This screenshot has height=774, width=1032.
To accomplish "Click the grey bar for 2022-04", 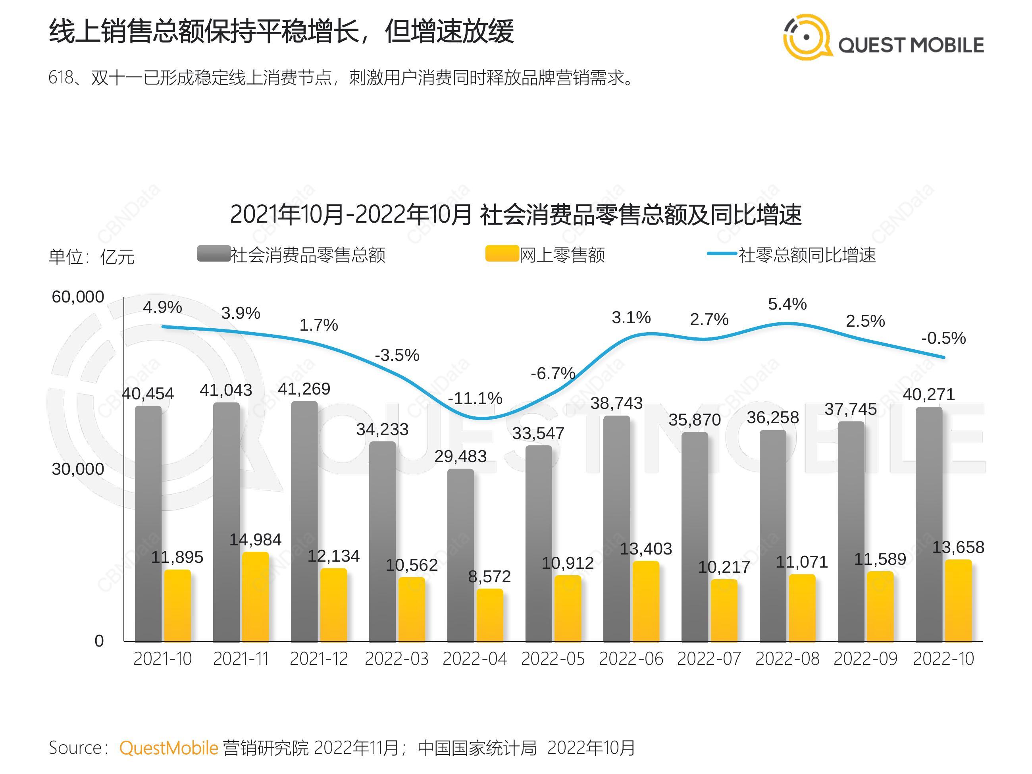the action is [x=460, y=555].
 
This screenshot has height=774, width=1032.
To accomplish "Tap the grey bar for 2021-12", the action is [x=304, y=521].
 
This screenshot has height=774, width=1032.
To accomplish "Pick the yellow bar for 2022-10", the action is [x=958, y=601].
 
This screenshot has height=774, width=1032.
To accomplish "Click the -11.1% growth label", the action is [x=475, y=398].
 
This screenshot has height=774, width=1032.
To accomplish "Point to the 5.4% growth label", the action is [x=787, y=304].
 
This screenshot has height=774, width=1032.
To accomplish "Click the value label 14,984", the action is [x=255, y=540].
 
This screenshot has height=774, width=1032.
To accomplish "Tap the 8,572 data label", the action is [x=489, y=577].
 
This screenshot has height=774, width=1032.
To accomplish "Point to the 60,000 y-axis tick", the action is [x=78, y=297].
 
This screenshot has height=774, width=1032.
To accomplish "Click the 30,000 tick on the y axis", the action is [x=78, y=469].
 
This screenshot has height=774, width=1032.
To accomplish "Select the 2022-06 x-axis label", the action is [x=631, y=659].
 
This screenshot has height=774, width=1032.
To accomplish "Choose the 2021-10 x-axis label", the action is [x=162, y=659].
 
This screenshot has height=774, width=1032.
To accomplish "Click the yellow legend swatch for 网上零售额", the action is [x=502, y=253].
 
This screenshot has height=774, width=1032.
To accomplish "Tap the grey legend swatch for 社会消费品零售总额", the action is [x=214, y=253].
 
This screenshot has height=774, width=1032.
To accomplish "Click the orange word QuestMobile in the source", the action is [x=169, y=748].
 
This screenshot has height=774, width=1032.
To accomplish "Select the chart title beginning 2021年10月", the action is [x=516, y=215].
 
